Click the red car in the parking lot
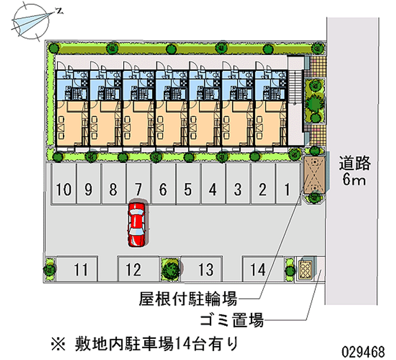(x=137, y=224)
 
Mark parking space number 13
(x=205, y=269)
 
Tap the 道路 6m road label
(x=354, y=171)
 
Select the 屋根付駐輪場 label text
(x=188, y=299)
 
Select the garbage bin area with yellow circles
(x=305, y=269)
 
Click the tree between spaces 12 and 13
(x=171, y=269)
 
